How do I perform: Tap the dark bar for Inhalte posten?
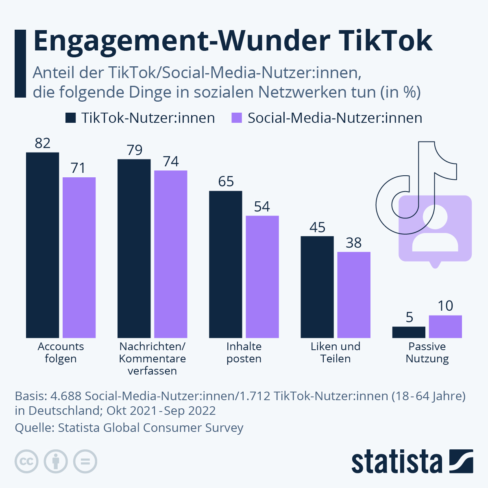click(x=225, y=264)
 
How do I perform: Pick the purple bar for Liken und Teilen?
click(x=354, y=294)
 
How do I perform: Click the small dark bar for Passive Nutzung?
click(x=409, y=332)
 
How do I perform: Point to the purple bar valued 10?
click(x=445, y=326)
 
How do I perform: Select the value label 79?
click(x=134, y=150)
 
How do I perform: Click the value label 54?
click(x=262, y=207)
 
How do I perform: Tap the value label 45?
click(x=317, y=227)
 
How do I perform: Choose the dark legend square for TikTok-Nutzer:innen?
click(x=70, y=118)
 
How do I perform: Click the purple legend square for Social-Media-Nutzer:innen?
click(x=237, y=118)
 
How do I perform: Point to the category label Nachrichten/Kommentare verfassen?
click(x=152, y=358)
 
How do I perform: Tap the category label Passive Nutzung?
click(x=427, y=352)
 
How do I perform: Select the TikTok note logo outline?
click(x=435, y=163)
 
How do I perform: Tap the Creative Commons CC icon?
click(x=26, y=462)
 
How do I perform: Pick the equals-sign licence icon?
click(x=85, y=462)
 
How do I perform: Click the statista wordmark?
click(x=396, y=462)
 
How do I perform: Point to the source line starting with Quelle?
click(x=129, y=428)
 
